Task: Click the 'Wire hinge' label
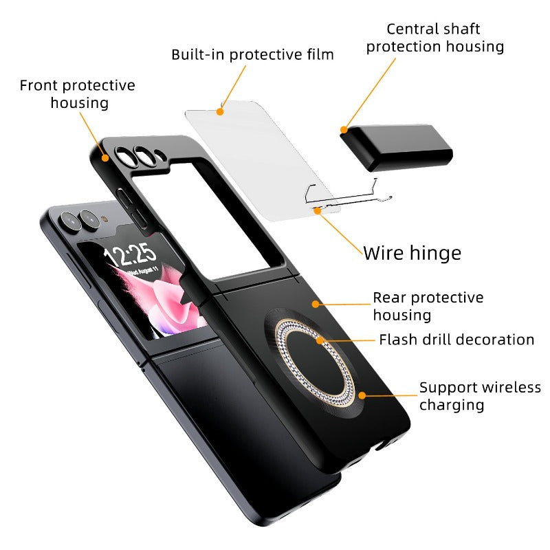point(412,252)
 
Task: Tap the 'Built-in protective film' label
point(252,54)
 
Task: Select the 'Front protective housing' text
point(77,94)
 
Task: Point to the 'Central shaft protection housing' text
point(434,38)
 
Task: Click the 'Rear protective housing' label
point(428,306)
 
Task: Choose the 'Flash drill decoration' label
point(456,340)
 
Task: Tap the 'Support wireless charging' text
point(480,396)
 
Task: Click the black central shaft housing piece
point(396,148)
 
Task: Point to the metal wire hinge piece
point(344,196)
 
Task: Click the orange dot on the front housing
point(106,157)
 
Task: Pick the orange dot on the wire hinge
point(318,210)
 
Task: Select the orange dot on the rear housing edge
point(313,302)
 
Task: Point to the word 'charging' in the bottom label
point(452,405)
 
